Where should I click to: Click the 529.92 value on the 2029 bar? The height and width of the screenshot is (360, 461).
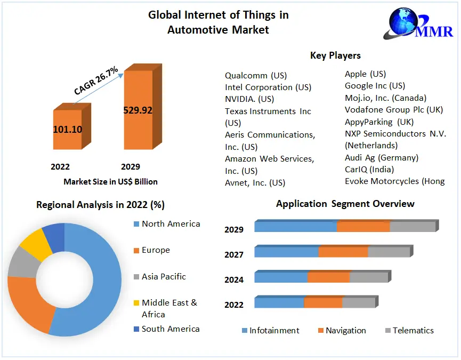click(138, 110)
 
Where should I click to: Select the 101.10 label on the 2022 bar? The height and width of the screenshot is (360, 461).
click(67, 129)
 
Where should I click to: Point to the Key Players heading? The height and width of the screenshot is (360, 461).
click(335, 55)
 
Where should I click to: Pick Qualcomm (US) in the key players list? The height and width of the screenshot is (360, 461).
click(256, 76)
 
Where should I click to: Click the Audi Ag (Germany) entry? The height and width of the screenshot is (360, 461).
click(381, 157)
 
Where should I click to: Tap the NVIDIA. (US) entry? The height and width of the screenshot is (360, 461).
click(249, 99)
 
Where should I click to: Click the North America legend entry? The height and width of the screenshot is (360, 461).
click(171, 224)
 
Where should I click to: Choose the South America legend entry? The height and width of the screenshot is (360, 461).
click(171, 329)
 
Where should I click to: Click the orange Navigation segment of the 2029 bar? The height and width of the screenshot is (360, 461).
click(363, 226)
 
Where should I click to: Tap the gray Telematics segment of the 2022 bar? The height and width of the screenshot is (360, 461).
click(358, 302)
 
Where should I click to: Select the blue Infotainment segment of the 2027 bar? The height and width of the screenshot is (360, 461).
click(286, 252)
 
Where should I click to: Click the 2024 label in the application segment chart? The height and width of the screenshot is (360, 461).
click(234, 279)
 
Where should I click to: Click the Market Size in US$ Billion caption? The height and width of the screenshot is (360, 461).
click(110, 182)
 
